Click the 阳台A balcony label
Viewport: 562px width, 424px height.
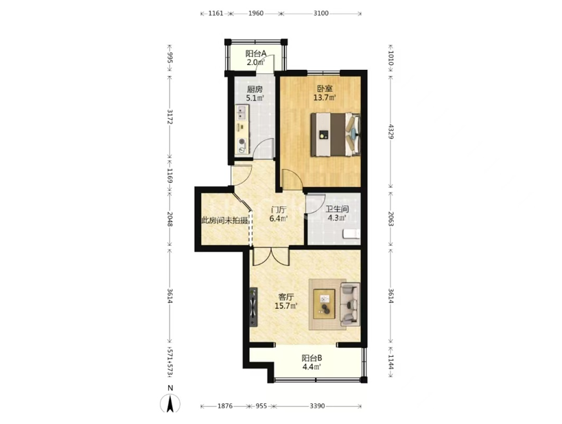click(255, 53)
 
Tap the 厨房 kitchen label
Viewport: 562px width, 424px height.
click(255, 89)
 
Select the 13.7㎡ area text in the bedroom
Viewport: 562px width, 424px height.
click(325, 98)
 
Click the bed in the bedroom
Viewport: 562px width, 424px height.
click(335, 134)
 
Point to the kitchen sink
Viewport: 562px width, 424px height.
click(242, 112)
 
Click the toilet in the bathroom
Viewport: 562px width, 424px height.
click(351, 234)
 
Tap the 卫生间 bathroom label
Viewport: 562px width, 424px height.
click(337, 209)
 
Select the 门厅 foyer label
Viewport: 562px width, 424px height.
click(279, 210)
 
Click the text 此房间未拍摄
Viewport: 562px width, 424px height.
click(224, 221)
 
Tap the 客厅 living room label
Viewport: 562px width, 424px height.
click(286, 297)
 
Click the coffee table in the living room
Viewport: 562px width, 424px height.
click(325, 303)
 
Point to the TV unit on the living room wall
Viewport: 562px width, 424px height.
click(254, 307)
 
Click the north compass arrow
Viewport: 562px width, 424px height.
click(170, 403)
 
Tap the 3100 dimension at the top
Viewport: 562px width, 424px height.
click(320, 14)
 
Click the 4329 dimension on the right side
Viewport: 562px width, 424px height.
click(391, 132)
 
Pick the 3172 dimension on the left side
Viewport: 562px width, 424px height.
click(170, 116)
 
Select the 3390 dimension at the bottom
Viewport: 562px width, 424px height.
click(317, 406)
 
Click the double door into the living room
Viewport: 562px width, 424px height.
click(271, 256)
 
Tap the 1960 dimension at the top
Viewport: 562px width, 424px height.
click(255, 14)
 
